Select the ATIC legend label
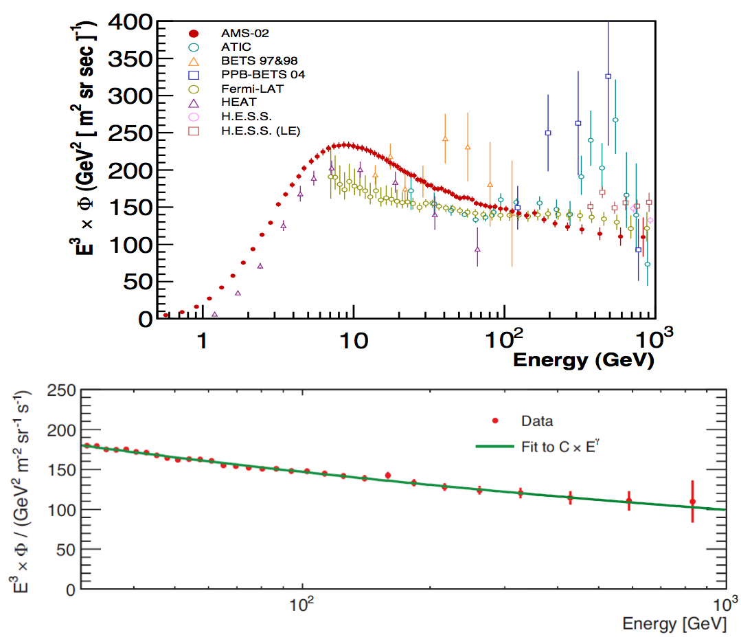[235, 47]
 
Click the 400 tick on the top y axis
[131, 22]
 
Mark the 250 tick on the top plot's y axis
[131, 133]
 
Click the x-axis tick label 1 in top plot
[201, 338]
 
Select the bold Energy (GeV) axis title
[583, 359]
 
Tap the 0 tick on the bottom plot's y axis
[69, 589]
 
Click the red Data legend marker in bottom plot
[493, 420]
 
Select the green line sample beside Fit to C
[494, 447]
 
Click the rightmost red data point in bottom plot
[692, 502]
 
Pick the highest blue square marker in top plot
[608, 76]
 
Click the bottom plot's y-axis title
[19, 489]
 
